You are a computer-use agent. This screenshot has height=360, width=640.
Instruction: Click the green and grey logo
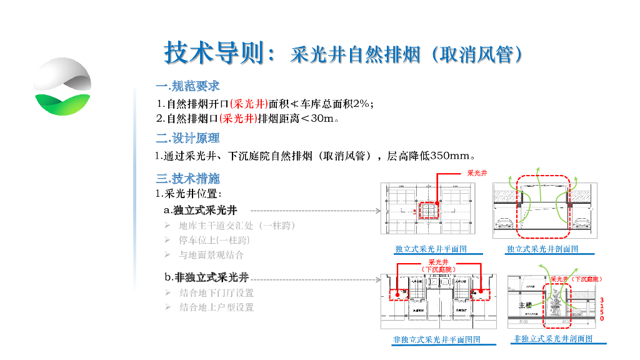62,87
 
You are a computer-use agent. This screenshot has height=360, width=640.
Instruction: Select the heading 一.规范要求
187,86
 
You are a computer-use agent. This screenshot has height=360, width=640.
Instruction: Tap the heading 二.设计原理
187,138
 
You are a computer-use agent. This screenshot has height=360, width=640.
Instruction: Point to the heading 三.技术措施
187,178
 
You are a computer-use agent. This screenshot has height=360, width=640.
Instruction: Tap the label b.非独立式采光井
206,277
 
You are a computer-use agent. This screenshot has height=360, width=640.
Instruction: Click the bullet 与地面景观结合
211,255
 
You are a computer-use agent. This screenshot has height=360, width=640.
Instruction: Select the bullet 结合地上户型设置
216,307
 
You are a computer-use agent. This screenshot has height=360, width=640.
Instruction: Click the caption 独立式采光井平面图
431,249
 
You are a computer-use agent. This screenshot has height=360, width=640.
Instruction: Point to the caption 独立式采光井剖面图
542,249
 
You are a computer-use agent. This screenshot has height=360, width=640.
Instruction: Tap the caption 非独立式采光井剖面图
552,339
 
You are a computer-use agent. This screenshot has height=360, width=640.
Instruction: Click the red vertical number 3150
602,309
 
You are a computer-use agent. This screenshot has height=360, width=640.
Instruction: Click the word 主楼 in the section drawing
525,306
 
